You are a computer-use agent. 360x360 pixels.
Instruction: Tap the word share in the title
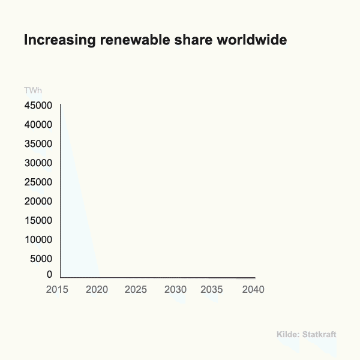coord(187,40)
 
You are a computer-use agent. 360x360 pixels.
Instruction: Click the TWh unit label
coord(33,91)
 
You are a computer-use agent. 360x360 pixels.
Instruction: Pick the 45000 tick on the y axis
coord(38,106)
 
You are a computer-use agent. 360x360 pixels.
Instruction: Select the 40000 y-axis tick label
coord(38,125)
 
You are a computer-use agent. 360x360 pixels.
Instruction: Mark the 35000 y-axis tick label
coord(38,144)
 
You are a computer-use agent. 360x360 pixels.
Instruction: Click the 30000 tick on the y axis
coord(38,163)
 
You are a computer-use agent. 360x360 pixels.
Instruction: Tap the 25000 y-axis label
coord(38,182)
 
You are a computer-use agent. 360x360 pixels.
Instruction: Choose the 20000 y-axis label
coord(38,202)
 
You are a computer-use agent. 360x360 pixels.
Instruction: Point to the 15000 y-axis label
coord(38,221)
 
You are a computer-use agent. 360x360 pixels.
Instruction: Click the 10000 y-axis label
coord(38,240)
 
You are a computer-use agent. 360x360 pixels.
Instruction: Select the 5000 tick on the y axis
coord(41,259)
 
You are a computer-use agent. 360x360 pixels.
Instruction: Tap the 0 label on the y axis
coord(50,275)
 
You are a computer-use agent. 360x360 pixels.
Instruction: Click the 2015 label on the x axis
coord(58,290)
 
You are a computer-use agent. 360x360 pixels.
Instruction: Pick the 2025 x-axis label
coord(136,290)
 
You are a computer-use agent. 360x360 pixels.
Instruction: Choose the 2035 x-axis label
coord(212,290)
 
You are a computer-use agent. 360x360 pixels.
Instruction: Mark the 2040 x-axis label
coord(253,290)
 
